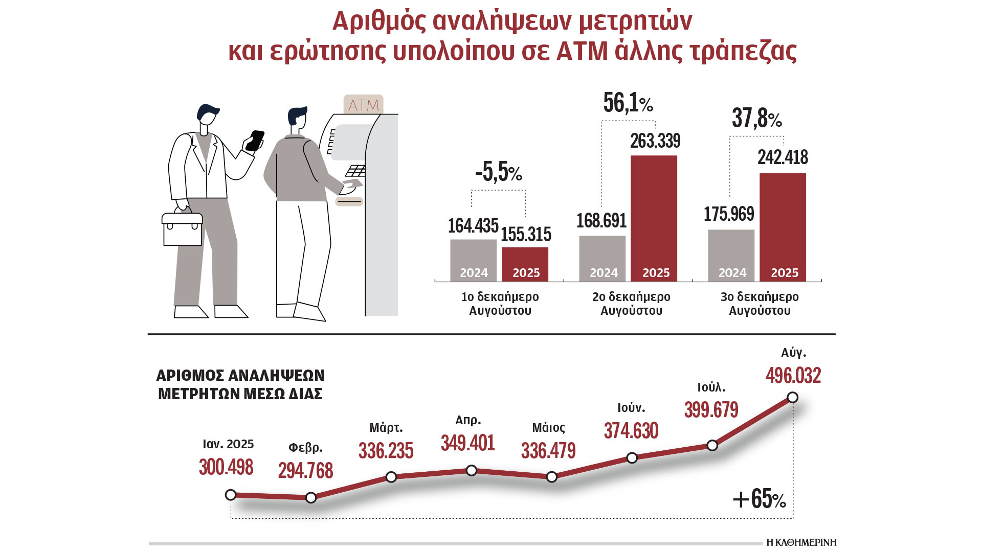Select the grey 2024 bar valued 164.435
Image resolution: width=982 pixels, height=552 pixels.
473,260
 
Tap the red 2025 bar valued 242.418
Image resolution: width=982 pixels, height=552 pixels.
783,226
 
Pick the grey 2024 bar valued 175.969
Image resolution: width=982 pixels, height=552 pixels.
731,255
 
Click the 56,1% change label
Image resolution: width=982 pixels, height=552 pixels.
628,103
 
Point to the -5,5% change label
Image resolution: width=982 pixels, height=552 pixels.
499,172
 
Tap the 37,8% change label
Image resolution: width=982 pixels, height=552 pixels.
757,119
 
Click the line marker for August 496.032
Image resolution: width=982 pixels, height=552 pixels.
793,397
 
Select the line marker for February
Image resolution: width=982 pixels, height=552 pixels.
311,497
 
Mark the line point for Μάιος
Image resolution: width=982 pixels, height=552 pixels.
551,477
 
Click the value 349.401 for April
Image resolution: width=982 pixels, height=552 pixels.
467,443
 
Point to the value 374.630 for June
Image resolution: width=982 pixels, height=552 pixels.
631,431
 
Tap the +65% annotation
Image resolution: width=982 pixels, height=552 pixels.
759,499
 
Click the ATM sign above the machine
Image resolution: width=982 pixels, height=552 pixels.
363,105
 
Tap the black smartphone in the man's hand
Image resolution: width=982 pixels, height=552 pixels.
255,141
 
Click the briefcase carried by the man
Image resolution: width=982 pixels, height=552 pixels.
182,228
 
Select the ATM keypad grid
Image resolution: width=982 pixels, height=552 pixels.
355,170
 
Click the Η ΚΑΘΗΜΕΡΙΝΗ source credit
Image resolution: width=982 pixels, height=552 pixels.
801,542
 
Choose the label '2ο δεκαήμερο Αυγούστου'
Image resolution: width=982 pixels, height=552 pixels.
631,304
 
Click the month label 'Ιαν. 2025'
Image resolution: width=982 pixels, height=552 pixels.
228,444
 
